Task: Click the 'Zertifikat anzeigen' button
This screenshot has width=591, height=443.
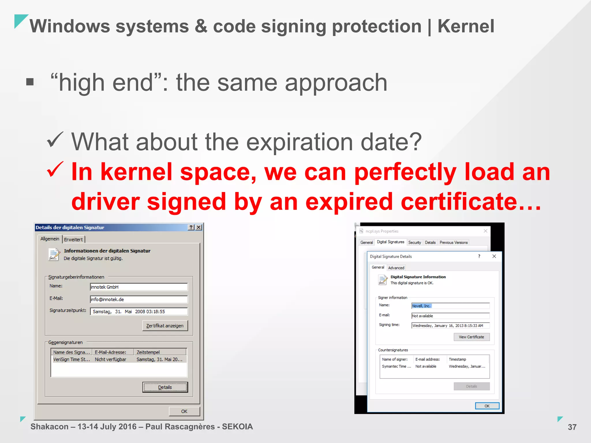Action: tap(165, 326)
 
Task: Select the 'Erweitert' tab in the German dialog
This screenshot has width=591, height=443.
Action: tap(73, 239)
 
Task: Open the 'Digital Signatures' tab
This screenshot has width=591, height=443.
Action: tap(390, 242)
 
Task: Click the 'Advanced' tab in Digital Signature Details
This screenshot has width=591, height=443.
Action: tap(396, 268)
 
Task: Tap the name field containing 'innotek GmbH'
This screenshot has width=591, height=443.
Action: tap(139, 287)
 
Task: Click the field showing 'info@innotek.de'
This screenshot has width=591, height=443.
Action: tap(139, 299)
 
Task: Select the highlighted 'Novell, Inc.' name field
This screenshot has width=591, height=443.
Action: tap(450, 306)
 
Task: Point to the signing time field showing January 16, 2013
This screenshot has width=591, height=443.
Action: tap(450, 326)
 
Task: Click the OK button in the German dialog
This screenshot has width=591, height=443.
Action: tap(184, 411)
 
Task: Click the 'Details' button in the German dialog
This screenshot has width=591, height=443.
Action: tap(165, 387)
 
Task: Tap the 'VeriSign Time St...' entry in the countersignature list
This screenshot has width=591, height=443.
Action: tap(71, 359)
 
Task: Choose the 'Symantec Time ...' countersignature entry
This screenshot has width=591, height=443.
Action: tap(396, 366)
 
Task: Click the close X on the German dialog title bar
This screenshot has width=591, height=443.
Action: tap(199, 227)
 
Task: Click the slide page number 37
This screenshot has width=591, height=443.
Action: tap(572, 427)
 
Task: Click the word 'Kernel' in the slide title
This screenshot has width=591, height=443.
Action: tap(466, 26)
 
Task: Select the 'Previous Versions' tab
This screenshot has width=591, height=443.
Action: tap(453, 242)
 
